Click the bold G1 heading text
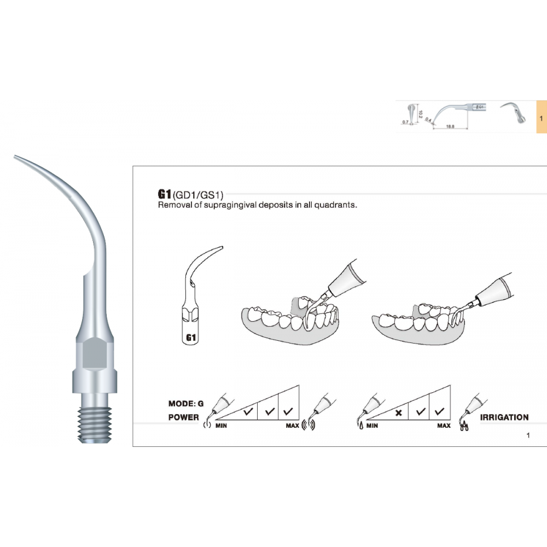164,195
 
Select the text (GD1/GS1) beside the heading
198,195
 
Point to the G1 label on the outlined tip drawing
191,337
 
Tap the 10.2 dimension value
420,114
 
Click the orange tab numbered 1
540,118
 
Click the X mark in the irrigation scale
399,412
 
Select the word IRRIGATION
504,417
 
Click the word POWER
184,417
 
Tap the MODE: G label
186,404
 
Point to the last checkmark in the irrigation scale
438,411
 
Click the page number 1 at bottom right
528,436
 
